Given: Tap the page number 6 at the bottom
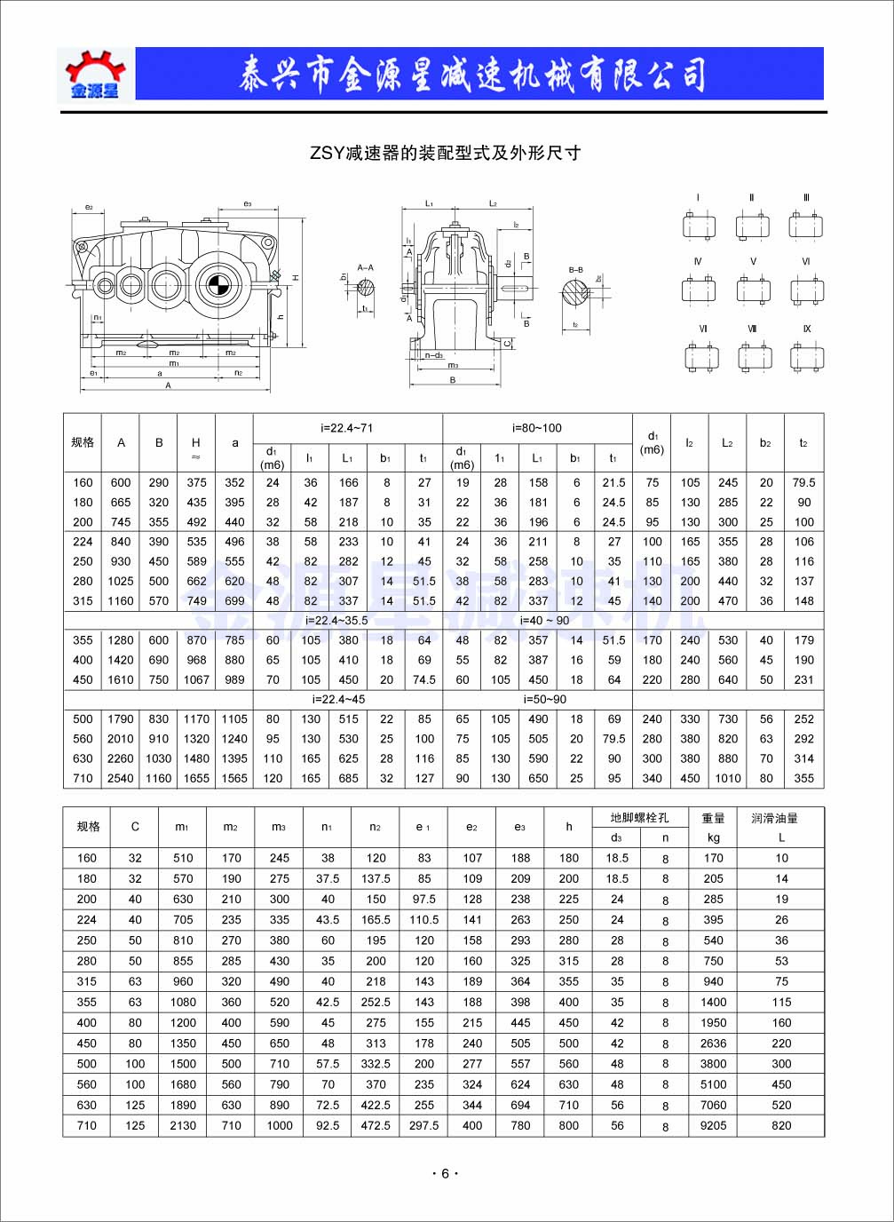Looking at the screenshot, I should click(x=446, y=1173).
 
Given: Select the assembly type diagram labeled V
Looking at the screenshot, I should click(x=753, y=288).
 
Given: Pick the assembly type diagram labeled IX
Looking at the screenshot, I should click(x=806, y=355).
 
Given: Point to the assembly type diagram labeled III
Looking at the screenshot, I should click(x=806, y=224).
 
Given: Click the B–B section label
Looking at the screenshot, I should click(x=576, y=269).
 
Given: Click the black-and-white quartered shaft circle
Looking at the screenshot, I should click(x=218, y=285).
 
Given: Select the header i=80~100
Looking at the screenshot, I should click(x=537, y=428).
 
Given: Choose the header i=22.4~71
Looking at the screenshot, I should click(x=347, y=428).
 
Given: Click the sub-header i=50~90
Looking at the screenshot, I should click(x=538, y=699).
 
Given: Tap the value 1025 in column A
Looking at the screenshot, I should click(x=121, y=581).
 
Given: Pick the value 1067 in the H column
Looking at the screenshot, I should click(x=196, y=679).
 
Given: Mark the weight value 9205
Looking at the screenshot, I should click(x=713, y=1125).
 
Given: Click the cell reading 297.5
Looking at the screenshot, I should click(x=424, y=1125).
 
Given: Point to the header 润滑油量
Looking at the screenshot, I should click(x=775, y=818).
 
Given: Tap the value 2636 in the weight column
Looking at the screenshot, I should click(x=713, y=1043).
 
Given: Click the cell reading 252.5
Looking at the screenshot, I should click(x=376, y=1002).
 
